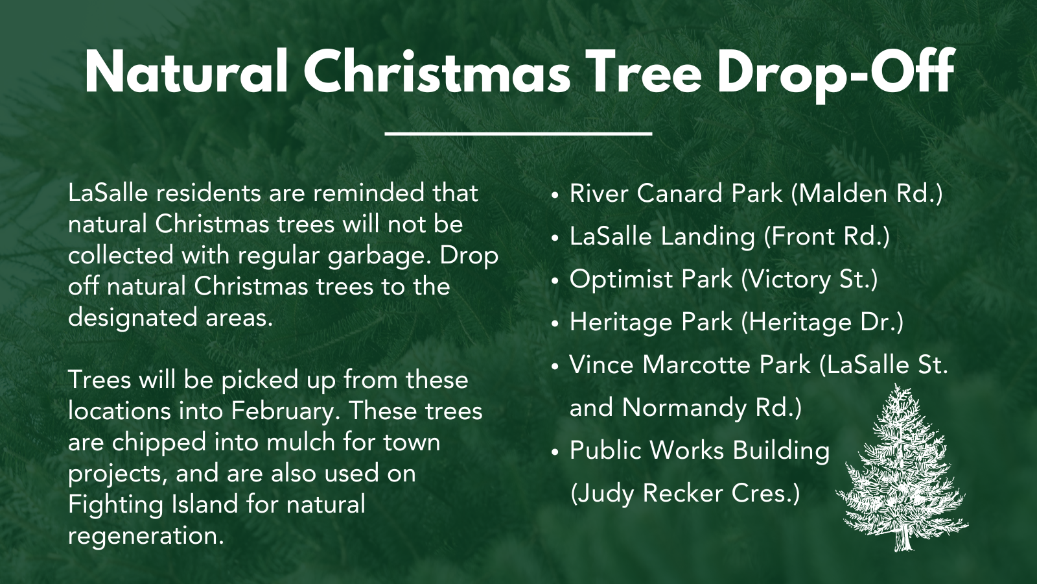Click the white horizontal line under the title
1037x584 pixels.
518,134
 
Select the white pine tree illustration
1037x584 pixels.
902,468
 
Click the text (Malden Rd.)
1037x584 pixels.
867,194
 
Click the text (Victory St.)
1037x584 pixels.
810,280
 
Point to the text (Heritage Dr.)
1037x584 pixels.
822,322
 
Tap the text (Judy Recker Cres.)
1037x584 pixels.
685,494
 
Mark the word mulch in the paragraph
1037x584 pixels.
301,443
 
